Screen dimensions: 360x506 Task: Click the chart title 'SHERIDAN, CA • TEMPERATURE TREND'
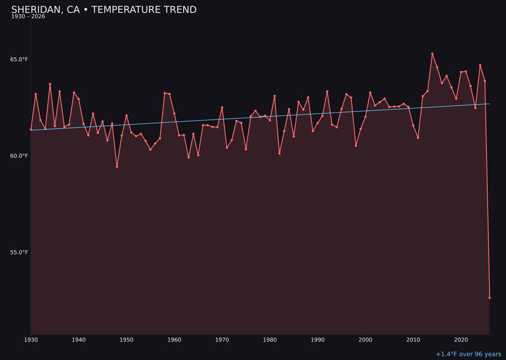click(104, 10)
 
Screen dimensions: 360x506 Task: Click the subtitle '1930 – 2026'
click(28, 17)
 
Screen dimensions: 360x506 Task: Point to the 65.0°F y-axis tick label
click(19, 60)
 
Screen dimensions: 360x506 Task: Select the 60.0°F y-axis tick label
click(19, 156)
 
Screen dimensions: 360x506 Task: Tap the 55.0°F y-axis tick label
click(19, 253)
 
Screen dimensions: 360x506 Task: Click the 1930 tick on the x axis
click(31, 340)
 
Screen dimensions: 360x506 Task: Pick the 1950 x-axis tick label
click(126, 340)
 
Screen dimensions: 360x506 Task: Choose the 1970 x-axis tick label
click(222, 340)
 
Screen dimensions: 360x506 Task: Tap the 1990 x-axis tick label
click(318, 340)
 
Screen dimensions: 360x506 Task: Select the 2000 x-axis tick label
click(365, 340)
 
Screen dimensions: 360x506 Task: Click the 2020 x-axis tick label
click(461, 340)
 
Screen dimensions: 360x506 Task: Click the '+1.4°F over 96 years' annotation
click(468, 354)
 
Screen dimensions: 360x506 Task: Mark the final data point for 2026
click(490, 298)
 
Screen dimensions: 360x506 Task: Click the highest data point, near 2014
click(432, 54)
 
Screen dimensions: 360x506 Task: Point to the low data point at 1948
click(117, 167)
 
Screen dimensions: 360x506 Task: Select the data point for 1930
click(31, 130)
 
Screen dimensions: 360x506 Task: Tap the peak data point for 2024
click(480, 65)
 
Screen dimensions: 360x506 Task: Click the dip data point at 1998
click(356, 146)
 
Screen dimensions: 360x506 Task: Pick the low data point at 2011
click(418, 138)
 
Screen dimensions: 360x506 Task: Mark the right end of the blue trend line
click(490, 104)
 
